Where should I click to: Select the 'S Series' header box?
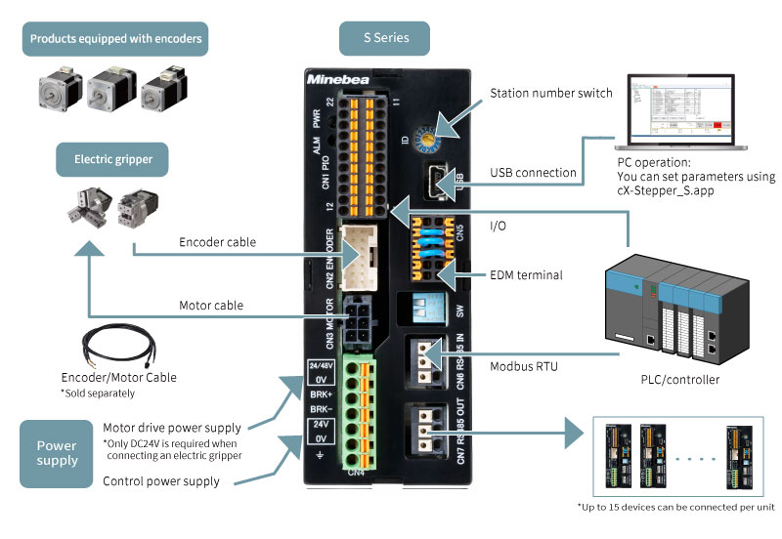[387, 39]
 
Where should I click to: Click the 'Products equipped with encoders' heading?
[116, 39]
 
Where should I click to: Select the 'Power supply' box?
[57, 453]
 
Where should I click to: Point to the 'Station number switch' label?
[550, 94]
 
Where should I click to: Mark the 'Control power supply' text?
[161, 481]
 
